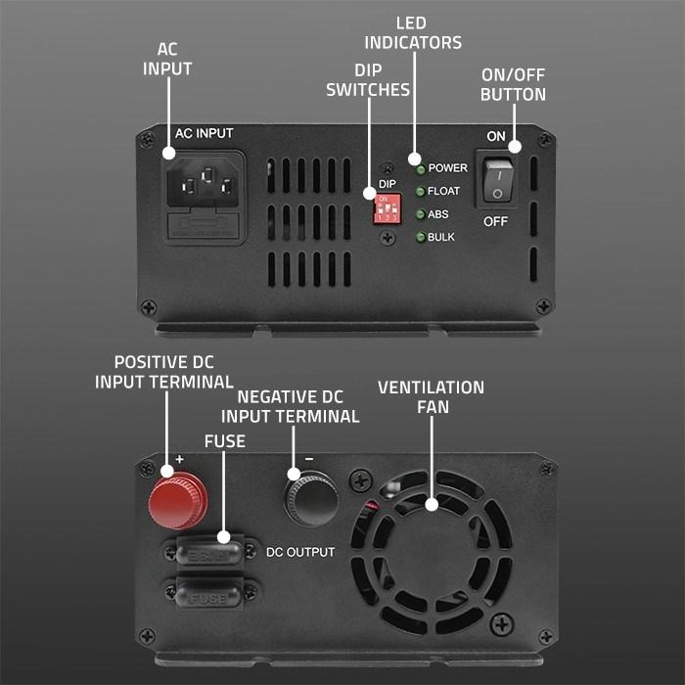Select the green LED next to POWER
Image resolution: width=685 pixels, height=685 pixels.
pyautogui.click(x=420, y=168)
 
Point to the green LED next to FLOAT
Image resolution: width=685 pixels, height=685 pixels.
pyautogui.click(x=420, y=192)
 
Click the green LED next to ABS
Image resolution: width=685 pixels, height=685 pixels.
pyautogui.click(x=420, y=214)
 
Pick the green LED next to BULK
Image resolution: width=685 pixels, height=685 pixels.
pyautogui.click(x=420, y=237)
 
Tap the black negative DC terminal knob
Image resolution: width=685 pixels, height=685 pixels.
pyautogui.click(x=311, y=500)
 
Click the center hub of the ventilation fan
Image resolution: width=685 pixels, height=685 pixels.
pyautogui.click(x=431, y=505)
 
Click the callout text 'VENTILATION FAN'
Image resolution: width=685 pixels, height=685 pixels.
pyautogui.click(x=431, y=396)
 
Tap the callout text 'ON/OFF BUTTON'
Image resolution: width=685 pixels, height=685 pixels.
pyautogui.click(x=512, y=84)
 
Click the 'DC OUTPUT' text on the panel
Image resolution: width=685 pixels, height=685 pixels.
pyautogui.click(x=300, y=552)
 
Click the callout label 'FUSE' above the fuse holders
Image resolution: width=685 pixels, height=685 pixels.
pyautogui.click(x=224, y=441)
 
